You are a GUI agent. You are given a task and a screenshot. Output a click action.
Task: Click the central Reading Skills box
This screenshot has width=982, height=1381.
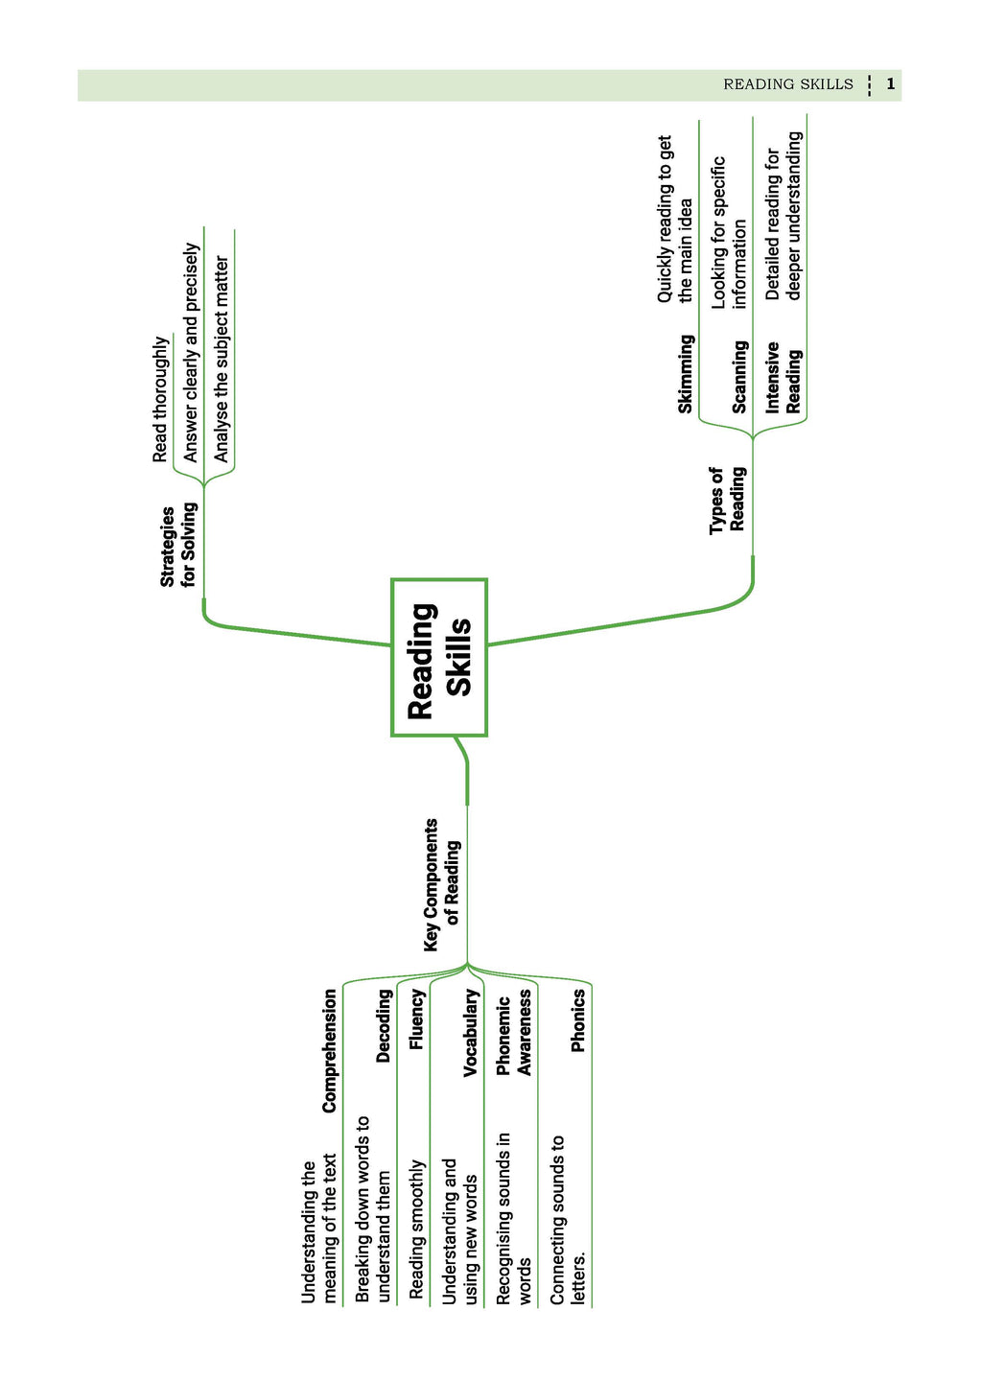(439, 658)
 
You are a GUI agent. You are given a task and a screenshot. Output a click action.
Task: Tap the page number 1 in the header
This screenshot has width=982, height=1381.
(891, 84)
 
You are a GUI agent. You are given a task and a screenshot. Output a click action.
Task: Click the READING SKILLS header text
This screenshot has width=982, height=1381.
(787, 84)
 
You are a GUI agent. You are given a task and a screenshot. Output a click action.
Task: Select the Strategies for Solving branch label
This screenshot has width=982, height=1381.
(178, 545)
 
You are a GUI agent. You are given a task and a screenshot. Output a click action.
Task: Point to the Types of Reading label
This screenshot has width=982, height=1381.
(727, 499)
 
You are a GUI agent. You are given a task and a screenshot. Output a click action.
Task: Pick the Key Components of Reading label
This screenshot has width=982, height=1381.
(442, 884)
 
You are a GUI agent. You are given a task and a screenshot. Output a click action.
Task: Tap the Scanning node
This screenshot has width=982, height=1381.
(739, 377)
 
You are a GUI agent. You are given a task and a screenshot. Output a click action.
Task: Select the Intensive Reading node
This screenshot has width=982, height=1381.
(783, 378)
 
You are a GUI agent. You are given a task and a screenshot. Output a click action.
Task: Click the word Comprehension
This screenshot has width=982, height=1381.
(330, 1051)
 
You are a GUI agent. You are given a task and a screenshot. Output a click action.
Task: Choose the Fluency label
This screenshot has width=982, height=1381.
(416, 1019)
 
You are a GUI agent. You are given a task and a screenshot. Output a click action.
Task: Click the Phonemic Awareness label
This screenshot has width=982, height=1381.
(514, 1034)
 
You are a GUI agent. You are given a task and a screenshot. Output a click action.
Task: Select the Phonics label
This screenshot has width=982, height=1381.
(578, 1021)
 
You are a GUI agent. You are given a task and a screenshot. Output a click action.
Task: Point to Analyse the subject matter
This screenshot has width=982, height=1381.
(222, 359)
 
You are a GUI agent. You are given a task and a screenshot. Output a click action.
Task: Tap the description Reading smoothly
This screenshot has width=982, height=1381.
(416, 1229)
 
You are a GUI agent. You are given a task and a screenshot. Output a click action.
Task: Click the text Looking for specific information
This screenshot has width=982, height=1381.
(728, 232)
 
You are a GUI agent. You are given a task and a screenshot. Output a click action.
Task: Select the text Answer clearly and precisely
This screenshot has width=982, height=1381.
(191, 352)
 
